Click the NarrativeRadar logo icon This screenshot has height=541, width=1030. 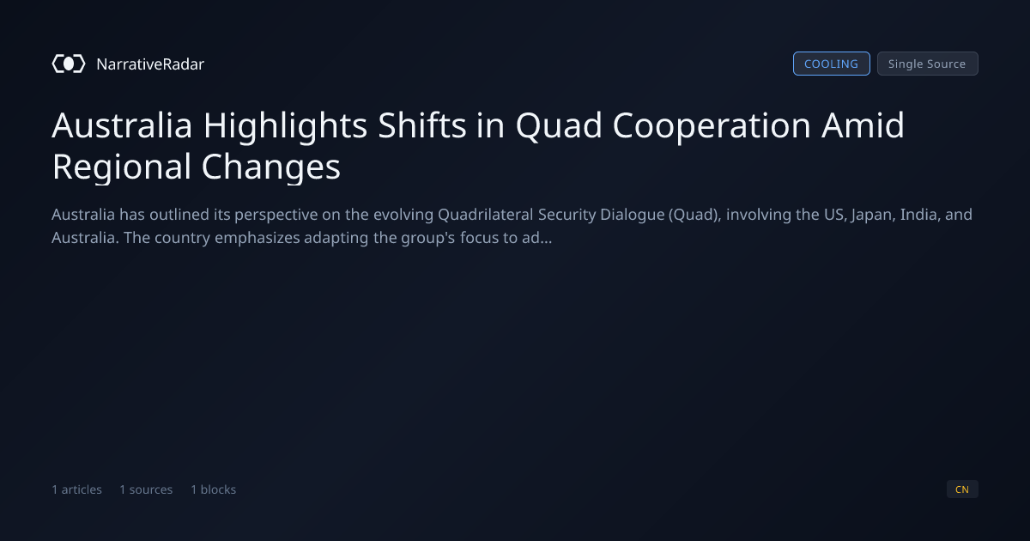tap(69, 64)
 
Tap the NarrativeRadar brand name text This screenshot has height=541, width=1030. tap(150, 64)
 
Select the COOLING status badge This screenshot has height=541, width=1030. tap(832, 64)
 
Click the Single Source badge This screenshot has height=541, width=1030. tap(928, 64)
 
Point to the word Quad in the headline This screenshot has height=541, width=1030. tap(559, 125)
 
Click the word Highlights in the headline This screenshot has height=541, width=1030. tap(285, 125)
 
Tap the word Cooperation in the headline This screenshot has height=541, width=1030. tap(712, 125)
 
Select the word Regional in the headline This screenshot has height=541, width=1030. tap(121, 167)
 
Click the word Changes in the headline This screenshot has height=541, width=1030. tap(271, 167)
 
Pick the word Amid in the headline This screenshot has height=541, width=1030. tap(863, 125)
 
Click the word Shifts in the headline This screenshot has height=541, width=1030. tap(422, 125)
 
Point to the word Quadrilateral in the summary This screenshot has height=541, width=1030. tap(486, 215)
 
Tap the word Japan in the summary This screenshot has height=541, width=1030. tap(873, 215)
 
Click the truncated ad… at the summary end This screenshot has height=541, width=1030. tap(536, 238)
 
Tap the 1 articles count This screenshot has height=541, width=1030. tap(76, 489)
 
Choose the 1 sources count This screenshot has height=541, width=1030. tap(146, 489)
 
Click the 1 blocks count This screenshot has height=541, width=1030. tap(214, 489)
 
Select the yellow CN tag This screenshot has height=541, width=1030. tap(962, 489)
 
